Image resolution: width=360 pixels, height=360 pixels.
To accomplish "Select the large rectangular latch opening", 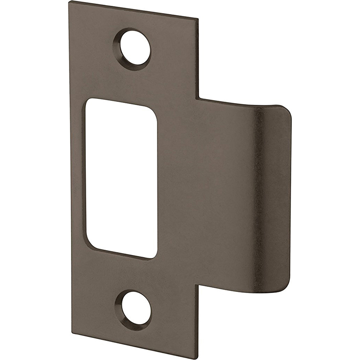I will click(x=122, y=178).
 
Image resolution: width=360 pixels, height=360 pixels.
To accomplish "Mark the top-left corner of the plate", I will click(x=69, y=2).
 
